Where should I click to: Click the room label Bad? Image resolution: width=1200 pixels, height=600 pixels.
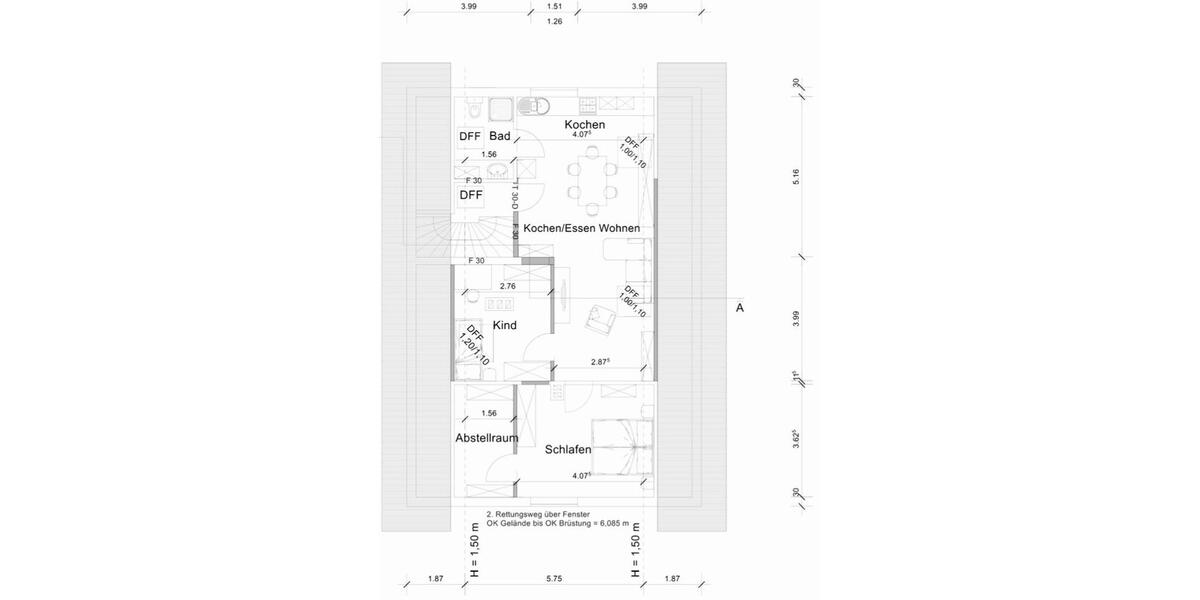pyautogui.click(x=500, y=136)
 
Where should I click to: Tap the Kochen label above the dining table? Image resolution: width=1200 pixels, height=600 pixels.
pyautogui.click(x=584, y=124)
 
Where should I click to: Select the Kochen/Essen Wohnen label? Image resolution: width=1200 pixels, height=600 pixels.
pyautogui.click(x=581, y=228)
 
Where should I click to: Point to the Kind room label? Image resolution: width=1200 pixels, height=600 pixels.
pyautogui.click(x=505, y=325)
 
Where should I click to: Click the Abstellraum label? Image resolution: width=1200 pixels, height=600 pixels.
pyautogui.click(x=487, y=438)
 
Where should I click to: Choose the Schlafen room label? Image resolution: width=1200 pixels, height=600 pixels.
pyautogui.click(x=568, y=450)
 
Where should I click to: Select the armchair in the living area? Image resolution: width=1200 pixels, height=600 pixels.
pyautogui.click(x=601, y=317)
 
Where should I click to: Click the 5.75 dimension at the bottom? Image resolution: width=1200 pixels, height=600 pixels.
pyautogui.click(x=554, y=578)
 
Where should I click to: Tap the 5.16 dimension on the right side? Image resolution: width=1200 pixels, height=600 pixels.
pyautogui.click(x=796, y=176)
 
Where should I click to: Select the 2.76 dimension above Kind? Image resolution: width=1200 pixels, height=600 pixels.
pyautogui.click(x=508, y=286)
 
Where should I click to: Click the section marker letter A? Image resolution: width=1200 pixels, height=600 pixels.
pyautogui.click(x=740, y=308)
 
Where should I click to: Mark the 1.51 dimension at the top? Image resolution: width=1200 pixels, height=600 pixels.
pyautogui.click(x=554, y=6)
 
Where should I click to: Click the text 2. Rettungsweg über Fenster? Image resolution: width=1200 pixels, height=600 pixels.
pyautogui.click(x=530, y=514)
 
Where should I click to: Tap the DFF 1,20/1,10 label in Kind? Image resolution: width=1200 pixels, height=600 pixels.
pyautogui.click(x=474, y=345)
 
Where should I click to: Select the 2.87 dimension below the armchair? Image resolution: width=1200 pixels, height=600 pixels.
pyautogui.click(x=600, y=362)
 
